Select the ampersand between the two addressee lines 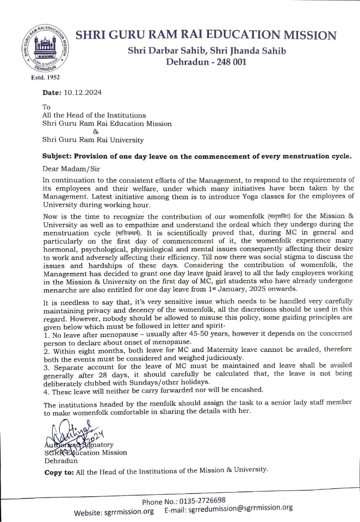[96, 131]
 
